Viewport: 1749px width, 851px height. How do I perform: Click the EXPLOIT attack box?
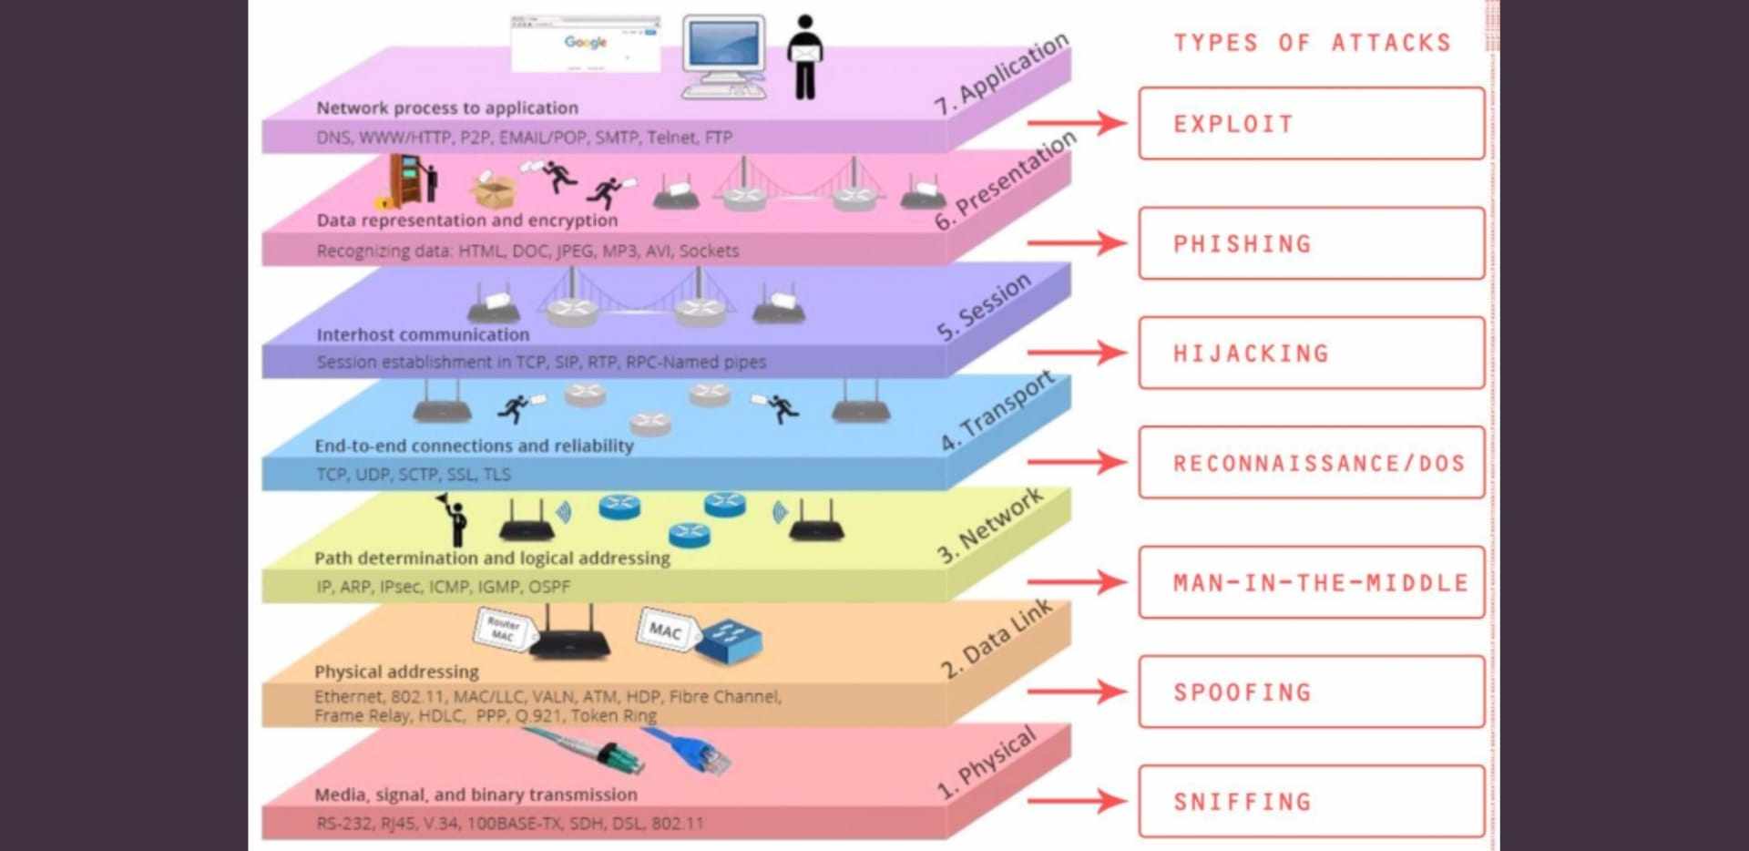coord(1311,124)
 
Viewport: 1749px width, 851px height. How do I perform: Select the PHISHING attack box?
coord(1311,243)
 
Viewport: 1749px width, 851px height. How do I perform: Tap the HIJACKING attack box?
coord(1311,353)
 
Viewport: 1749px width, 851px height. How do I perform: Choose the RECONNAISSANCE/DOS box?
coord(1311,463)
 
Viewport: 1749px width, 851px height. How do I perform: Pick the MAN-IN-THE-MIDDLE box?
coord(1311,582)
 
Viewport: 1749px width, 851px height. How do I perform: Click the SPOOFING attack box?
coord(1311,692)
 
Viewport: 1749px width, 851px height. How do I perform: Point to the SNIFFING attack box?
coord(1311,802)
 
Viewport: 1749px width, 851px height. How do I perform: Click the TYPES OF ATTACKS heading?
coord(1312,43)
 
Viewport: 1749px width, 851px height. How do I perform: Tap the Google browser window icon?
coord(586,43)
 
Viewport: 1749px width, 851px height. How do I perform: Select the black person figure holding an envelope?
coord(805,56)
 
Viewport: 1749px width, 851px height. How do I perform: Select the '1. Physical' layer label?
coord(987,764)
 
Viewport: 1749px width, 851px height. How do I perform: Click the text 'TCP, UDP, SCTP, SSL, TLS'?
coord(414,474)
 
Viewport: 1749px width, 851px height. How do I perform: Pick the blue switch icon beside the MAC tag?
coord(729,638)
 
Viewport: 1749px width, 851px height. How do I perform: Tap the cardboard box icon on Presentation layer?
coord(493,190)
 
